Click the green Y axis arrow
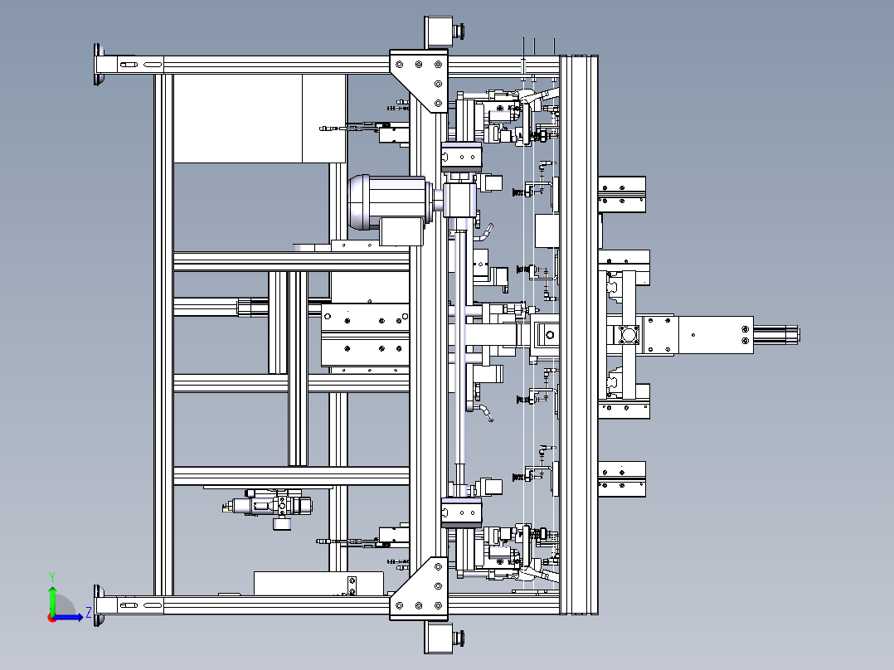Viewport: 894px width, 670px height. pyautogui.click(x=52, y=599)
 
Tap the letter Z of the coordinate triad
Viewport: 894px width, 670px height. pyautogui.click(x=89, y=613)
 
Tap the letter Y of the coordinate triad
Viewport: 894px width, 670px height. pyautogui.click(x=52, y=576)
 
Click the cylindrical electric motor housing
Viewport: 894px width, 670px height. pyautogui.click(x=388, y=201)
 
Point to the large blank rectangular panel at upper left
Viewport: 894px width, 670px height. pyautogui.click(x=260, y=119)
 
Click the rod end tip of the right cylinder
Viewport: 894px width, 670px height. pyautogui.click(x=798, y=335)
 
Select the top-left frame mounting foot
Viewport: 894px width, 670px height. pyautogui.click(x=99, y=64)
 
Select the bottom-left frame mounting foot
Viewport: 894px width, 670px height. pyautogui.click(x=99, y=605)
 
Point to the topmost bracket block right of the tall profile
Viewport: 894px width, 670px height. pyautogui.click(x=622, y=194)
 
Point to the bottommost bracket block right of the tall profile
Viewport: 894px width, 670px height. pyautogui.click(x=622, y=479)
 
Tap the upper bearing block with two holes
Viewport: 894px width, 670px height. pyautogui.click(x=461, y=157)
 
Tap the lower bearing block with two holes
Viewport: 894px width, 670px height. pyautogui.click(x=461, y=512)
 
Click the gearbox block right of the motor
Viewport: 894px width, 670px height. pyautogui.click(x=459, y=200)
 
